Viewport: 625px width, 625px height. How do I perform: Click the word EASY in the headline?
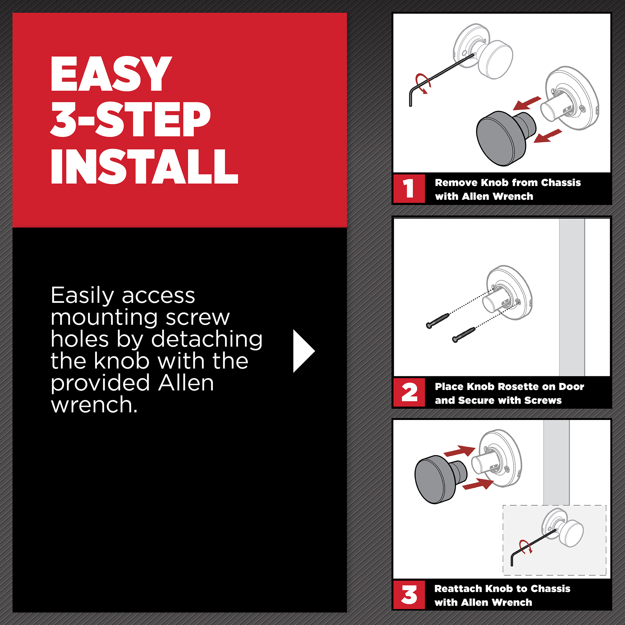[111, 74]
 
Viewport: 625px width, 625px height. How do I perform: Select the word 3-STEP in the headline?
[130, 119]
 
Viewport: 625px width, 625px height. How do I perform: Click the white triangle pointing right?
[304, 351]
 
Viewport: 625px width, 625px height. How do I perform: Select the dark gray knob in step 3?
[440, 479]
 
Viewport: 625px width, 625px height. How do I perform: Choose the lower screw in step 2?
[463, 335]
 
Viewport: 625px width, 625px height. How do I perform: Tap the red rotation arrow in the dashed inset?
[526, 547]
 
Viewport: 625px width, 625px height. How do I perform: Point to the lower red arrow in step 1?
[548, 136]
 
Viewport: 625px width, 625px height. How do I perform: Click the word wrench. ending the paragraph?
[94, 404]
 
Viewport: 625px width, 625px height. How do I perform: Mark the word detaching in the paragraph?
[207, 340]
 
